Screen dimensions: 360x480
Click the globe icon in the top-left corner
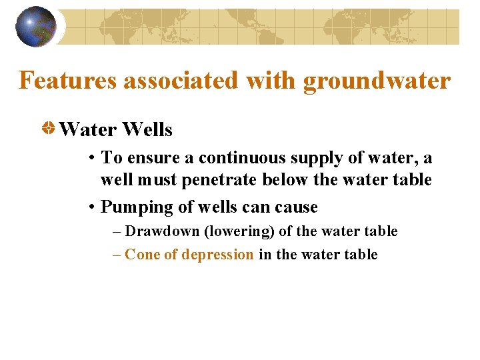coord(35,27)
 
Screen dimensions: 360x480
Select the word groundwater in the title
coord(377,81)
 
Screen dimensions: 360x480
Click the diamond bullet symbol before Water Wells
coord(49,128)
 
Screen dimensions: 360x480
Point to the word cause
coord(294,207)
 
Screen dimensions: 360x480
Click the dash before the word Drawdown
coord(117,231)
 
